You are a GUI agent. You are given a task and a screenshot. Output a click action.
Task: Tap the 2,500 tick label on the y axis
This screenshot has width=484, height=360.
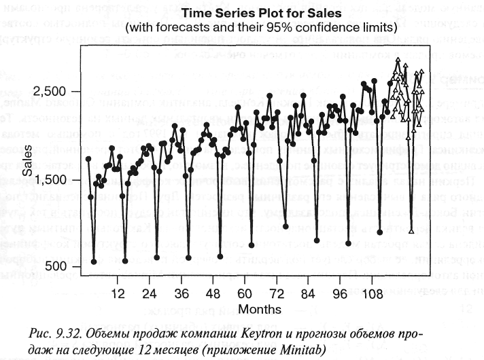53,92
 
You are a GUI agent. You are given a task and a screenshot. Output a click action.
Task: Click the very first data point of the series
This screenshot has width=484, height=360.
88,159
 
